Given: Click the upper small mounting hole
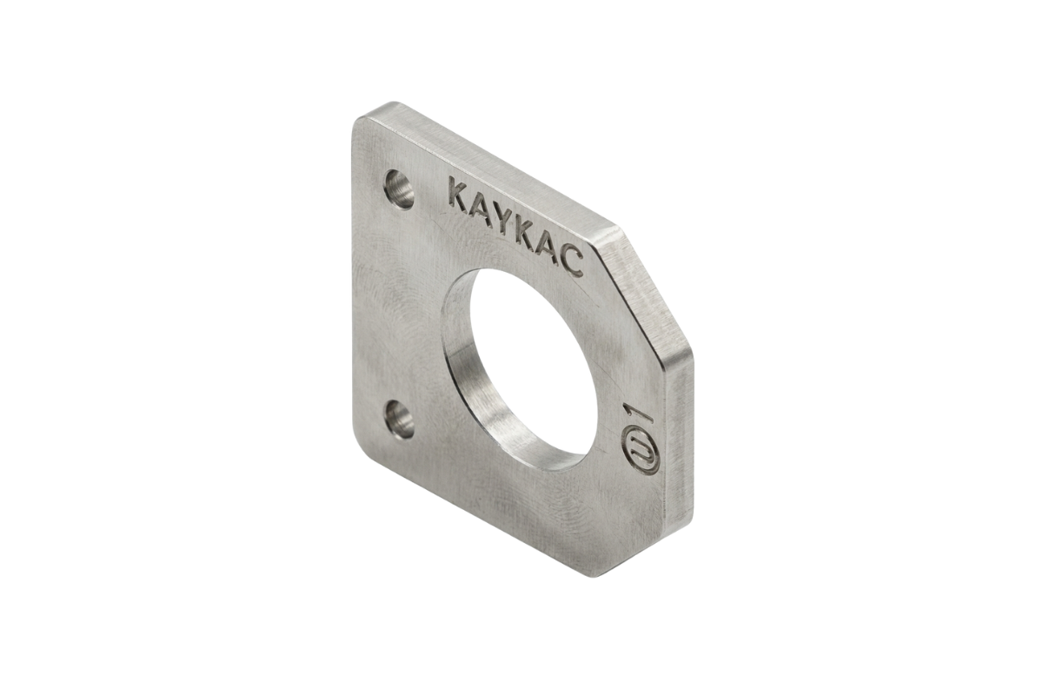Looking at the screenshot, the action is [399, 189].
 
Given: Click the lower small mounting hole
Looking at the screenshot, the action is [400, 420].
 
